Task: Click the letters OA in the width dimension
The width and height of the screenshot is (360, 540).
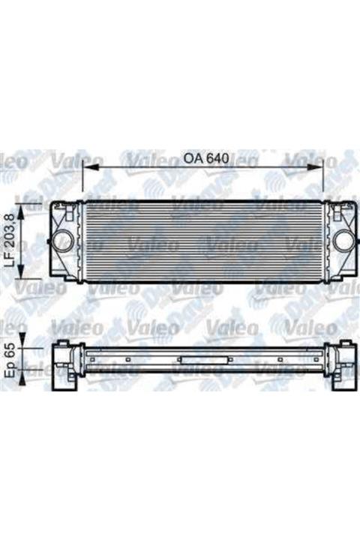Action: click(x=192, y=159)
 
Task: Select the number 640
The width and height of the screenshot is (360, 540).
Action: click(x=216, y=159)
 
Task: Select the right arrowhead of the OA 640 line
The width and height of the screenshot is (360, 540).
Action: click(x=322, y=168)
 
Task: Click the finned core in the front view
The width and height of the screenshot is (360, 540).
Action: click(x=202, y=241)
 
